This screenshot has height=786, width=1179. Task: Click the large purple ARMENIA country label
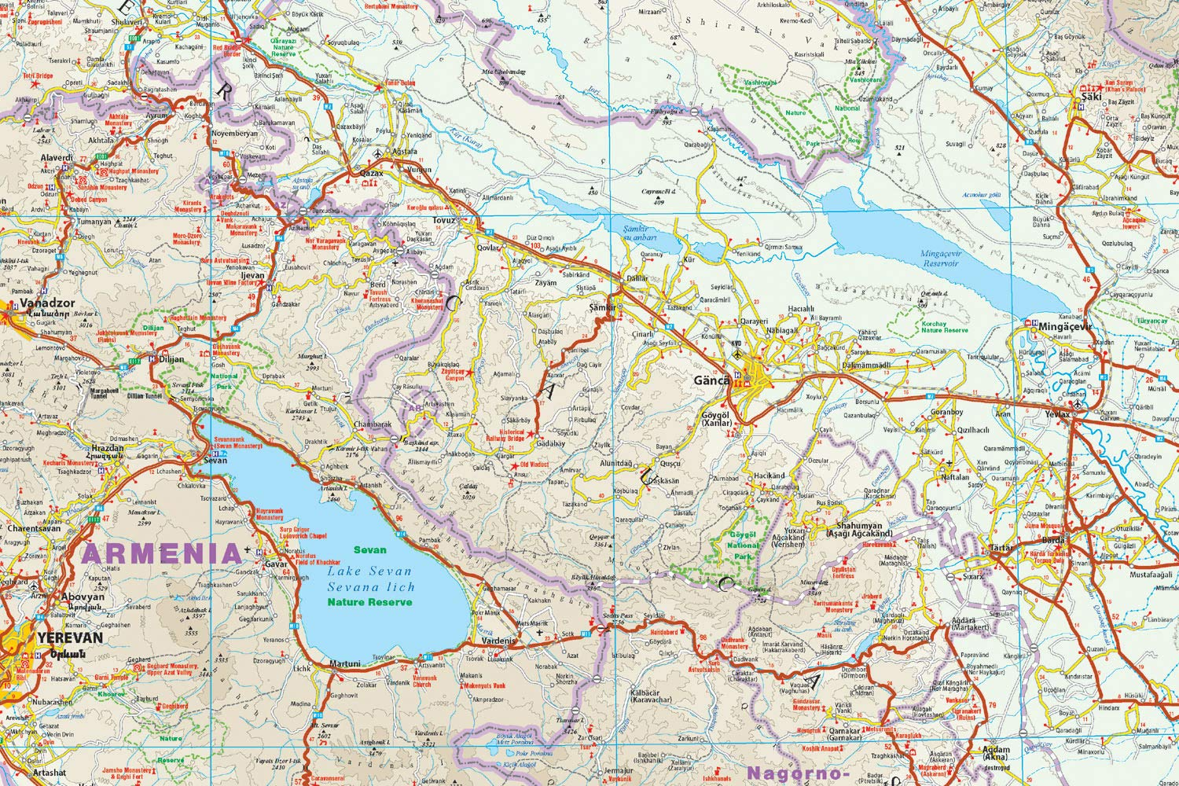click(x=161, y=553)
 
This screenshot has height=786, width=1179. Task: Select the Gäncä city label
click(x=713, y=381)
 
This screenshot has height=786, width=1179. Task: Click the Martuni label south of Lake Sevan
click(x=343, y=663)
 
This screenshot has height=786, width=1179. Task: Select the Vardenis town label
click(x=498, y=641)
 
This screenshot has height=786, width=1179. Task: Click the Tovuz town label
click(x=443, y=220)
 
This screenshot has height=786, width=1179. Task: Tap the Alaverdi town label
click(x=57, y=157)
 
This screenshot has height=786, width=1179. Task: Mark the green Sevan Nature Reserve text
click(x=369, y=576)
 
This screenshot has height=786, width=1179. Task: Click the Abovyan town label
click(x=83, y=597)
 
